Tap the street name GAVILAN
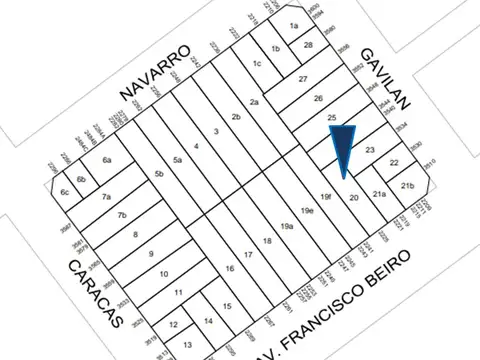click(x=387, y=75)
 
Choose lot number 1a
click(x=294, y=26)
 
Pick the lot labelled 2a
click(x=255, y=102)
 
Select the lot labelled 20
click(x=353, y=198)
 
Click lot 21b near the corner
click(x=407, y=186)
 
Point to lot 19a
click(x=287, y=227)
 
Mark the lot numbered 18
click(x=267, y=242)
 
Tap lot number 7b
click(x=122, y=215)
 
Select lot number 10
click(x=164, y=274)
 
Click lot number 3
click(x=216, y=132)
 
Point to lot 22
click(x=394, y=163)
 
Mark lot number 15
click(x=228, y=307)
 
